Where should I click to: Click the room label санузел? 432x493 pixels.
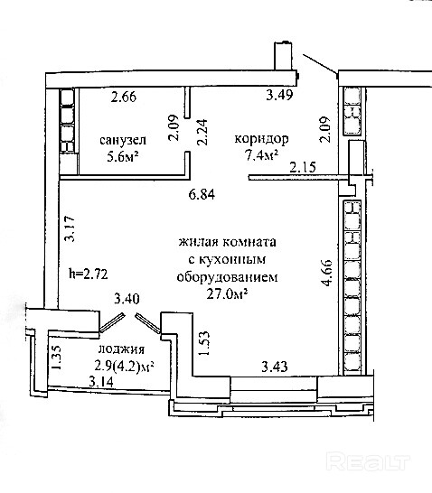123,140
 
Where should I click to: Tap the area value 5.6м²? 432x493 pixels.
123,155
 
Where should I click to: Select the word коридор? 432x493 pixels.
261,139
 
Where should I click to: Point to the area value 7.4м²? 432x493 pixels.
262,155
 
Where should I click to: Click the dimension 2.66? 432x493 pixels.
124,97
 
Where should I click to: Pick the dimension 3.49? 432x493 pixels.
279,95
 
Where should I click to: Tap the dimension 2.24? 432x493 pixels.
202,132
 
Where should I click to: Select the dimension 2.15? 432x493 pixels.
303,167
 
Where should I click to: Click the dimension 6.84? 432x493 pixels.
202,194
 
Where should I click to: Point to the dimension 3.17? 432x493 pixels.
70,228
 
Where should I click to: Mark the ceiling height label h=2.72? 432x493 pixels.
89,274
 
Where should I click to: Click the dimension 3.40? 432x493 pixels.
127,299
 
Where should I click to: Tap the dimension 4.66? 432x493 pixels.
326,273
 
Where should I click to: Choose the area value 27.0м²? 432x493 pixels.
227,294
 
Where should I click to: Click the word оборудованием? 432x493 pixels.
227,277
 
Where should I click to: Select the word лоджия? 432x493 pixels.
122,349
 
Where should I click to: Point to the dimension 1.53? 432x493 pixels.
203,343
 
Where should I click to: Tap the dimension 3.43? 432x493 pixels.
275,367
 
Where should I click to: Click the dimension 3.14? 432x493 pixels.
101,382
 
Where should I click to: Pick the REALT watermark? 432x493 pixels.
368,462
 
